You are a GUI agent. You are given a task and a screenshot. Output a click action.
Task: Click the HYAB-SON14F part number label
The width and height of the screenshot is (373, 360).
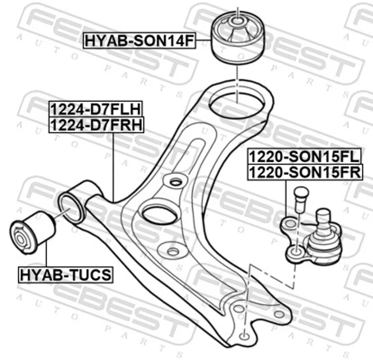[139, 41]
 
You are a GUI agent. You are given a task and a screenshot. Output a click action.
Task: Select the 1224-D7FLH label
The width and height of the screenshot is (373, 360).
[96, 109]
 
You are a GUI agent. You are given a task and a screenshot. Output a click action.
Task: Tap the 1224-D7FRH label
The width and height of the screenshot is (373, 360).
[97, 125]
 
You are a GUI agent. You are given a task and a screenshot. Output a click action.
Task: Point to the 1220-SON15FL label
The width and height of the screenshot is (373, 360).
[304, 156]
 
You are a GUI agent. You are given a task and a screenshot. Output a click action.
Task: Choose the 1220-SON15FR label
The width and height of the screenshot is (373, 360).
[305, 172]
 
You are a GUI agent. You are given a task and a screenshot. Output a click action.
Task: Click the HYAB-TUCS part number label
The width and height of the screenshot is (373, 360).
[65, 275]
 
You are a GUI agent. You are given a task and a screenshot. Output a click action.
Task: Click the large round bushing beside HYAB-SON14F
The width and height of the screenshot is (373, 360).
[238, 38]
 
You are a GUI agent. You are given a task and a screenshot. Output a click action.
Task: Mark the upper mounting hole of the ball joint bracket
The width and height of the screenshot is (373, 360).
[290, 223]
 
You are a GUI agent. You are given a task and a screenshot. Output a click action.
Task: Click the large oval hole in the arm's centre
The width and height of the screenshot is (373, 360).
[160, 214]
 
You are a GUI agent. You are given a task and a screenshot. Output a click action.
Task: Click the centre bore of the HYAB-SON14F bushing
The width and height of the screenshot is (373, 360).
[237, 21]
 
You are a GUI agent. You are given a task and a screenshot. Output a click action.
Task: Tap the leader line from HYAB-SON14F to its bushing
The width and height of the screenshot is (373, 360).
[203, 41]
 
